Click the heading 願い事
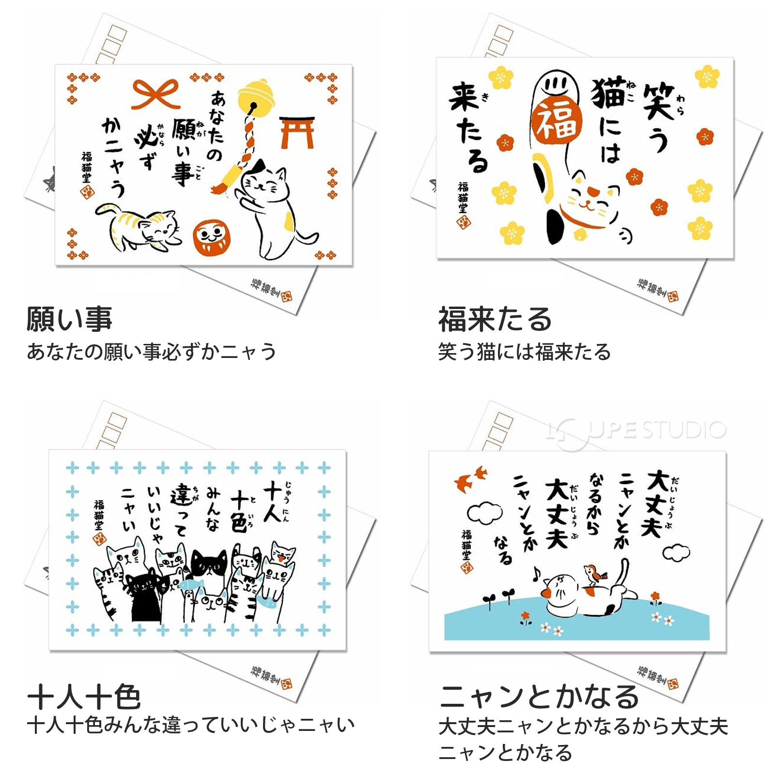click(69, 320)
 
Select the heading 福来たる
click(495, 320)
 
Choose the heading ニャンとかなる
click(539, 697)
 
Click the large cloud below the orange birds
click(484, 513)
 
